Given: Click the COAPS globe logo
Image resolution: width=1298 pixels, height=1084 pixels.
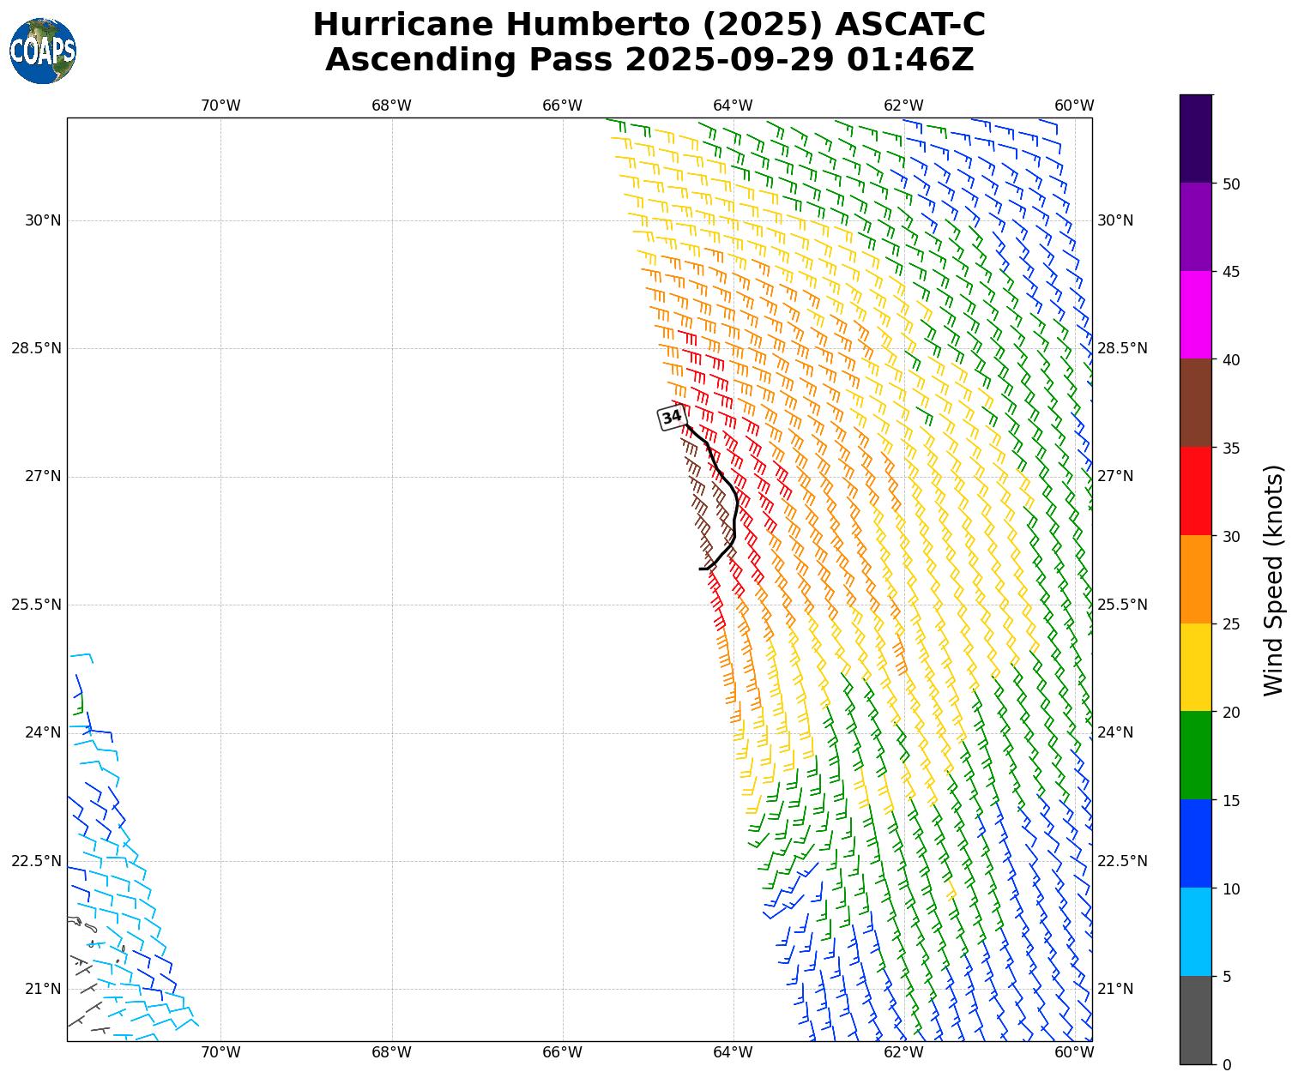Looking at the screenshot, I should tap(43, 51).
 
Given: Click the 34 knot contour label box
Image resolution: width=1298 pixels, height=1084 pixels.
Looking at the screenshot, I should tap(672, 418).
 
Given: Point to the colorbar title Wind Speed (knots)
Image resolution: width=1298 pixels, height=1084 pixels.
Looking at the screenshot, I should tap(1275, 580).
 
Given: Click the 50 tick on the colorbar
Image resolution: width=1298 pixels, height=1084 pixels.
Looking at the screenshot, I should tap(1231, 184).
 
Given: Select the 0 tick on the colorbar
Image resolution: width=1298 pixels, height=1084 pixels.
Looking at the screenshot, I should tap(1226, 1065).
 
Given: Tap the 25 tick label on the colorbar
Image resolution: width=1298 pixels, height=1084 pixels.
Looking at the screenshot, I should tap(1231, 624).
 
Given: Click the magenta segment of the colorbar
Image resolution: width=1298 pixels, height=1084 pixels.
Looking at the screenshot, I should tap(1196, 315).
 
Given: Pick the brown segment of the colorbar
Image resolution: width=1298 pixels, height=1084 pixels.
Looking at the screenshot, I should tap(1196, 403).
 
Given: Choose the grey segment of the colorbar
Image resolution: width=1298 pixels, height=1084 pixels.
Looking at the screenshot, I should tap(1196, 1021).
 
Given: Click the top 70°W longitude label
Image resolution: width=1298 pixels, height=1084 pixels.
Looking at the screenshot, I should tap(220, 105).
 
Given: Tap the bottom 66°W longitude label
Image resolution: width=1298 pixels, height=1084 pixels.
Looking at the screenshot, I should tap(562, 1052).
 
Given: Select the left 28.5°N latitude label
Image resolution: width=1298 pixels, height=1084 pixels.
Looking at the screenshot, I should tap(36, 348).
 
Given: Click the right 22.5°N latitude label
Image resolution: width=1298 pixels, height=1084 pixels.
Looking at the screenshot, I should tap(1122, 861).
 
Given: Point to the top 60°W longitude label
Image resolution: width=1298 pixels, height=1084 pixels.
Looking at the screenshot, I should tap(1074, 105).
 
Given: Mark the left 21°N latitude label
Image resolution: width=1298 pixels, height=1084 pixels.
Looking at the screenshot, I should tap(43, 989).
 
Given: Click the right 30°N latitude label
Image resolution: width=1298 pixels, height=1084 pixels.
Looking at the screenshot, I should tap(1115, 220).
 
